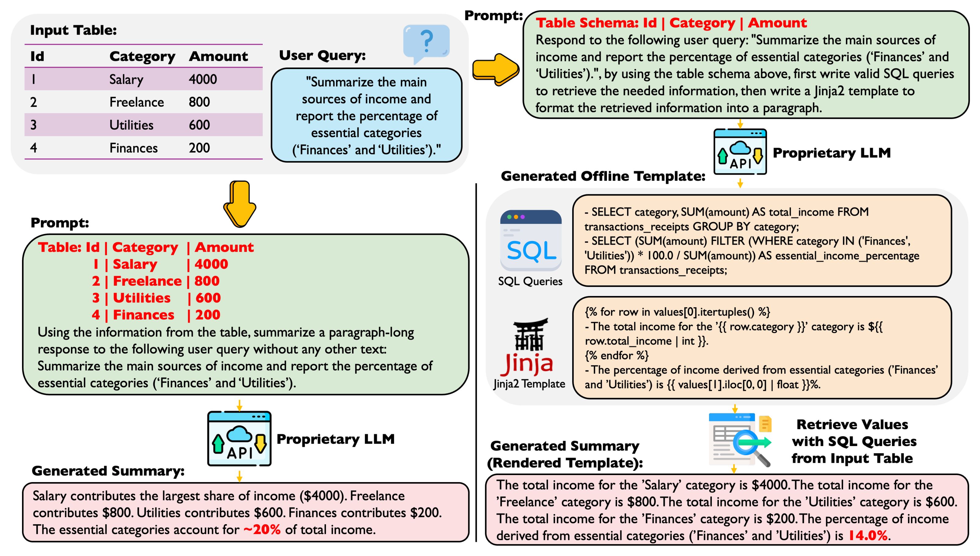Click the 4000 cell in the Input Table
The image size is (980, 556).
[203, 79]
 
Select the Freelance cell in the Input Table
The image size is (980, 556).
[136, 102]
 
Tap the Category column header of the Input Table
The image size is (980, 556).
[142, 57]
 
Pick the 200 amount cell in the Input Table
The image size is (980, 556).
[199, 148]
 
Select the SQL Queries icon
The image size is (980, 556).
[531, 241]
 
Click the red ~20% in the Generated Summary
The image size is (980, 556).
[262, 530]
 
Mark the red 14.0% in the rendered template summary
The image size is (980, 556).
[867, 535]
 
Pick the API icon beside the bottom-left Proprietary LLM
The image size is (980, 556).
[240, 438]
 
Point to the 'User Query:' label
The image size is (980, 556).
[322, 55]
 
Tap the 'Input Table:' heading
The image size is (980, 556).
[73, 30]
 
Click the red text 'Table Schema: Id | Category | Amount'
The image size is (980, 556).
[671, 23]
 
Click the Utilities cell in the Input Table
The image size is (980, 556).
[131, 125]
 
